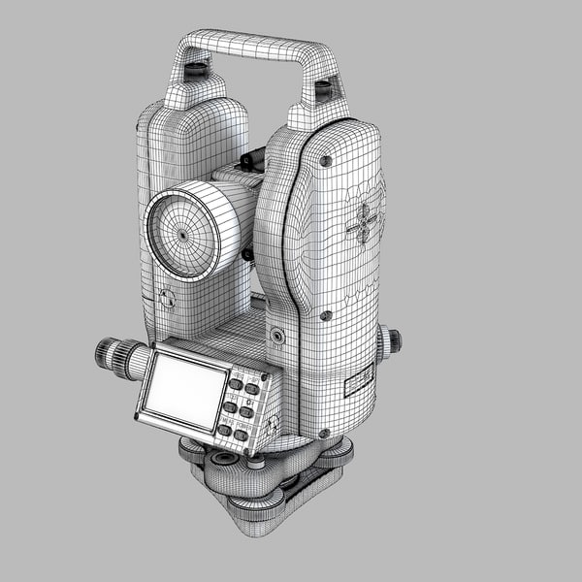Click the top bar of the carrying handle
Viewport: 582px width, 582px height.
[x=252, y=45]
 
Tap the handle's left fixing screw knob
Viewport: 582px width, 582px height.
[x=196, y=70]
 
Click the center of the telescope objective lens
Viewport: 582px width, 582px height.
[x=180, y=235]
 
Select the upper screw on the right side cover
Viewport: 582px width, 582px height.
[x=326, y=161]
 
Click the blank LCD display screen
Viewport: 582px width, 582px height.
[x=185, y=387]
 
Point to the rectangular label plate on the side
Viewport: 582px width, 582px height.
[x=359, y=381]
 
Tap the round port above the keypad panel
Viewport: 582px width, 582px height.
[x=276, y=337]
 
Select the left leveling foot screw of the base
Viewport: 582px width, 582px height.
[x=191, y=447]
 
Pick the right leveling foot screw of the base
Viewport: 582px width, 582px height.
[x=339, y=451]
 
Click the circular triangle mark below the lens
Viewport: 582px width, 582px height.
[x=166, y=299]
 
